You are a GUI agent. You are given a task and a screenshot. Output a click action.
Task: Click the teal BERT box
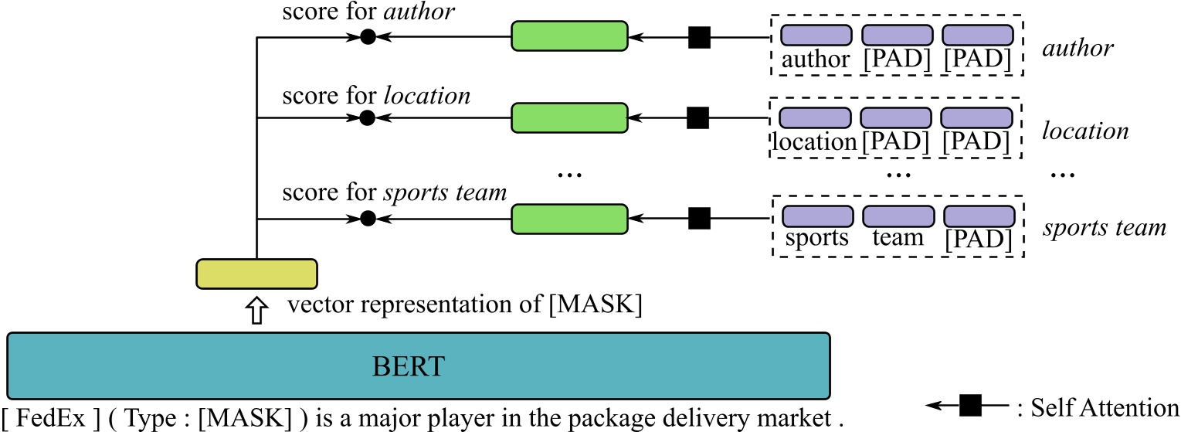419,366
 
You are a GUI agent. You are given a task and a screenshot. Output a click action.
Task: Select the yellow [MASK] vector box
256,274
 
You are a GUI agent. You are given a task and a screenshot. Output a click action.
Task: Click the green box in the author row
569,36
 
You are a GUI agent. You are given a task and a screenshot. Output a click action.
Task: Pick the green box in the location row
569,117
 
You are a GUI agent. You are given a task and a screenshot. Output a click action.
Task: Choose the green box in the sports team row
569,219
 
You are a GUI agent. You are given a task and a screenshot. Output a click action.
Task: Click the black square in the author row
699,36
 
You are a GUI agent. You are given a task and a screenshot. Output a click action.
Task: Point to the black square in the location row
698,117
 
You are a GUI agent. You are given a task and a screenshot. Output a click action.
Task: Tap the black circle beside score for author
368,36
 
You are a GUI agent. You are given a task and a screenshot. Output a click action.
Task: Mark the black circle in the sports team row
368,219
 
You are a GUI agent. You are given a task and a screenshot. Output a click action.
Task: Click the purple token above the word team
897,216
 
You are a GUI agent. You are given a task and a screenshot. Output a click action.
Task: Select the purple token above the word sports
817,216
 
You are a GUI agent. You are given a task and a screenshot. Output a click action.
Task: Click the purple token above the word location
813,117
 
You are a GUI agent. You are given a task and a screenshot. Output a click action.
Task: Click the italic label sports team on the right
1104,229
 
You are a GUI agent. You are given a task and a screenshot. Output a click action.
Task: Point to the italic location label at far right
1085,131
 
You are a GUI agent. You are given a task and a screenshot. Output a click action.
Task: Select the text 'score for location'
376,97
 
